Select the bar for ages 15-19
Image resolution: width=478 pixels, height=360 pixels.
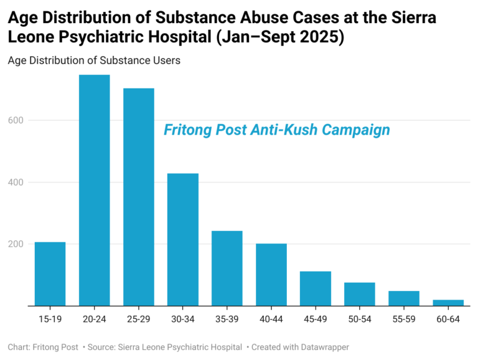coord(50,274)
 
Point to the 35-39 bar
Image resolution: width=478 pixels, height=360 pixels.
coord(227,268)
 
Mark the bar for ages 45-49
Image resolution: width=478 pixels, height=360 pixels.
coord(316,289)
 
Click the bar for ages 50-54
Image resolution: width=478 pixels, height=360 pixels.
coord(360,295)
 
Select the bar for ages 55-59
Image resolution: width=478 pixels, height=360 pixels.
coord(404,299)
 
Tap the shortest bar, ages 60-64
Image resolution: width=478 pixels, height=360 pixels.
coord(448,303)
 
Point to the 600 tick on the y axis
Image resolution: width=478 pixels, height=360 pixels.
coord(17,120)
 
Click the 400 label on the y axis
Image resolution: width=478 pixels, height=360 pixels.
coord(17,182)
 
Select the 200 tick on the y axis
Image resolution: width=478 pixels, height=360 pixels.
coord(17,244)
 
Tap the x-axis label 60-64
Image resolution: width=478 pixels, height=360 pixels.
coord(448,319)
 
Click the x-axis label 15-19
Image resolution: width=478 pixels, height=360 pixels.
coord(50,319)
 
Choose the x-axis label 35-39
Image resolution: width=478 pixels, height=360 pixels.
coord(227,319)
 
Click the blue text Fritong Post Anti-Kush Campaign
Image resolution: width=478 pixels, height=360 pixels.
coord(276,130)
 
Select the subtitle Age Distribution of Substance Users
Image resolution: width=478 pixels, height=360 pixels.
coord(94,60)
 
